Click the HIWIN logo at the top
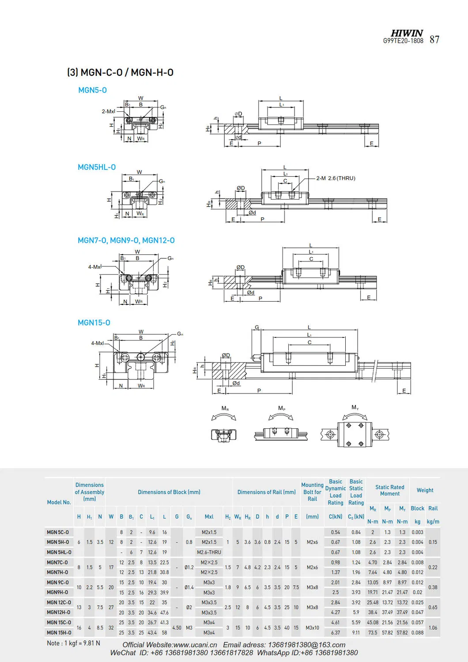coord(407,33)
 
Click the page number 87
coord(434,40)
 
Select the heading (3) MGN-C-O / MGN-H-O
coord(120,72)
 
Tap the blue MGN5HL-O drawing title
coord(97,167)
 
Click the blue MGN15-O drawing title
coord(94,323)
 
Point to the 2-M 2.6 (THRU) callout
coord(336,178)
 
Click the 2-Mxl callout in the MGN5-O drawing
coord(108,111)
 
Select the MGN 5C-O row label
coord(58,532)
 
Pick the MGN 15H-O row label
coord(59,632)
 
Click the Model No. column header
coord(59,502)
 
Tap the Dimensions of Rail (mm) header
coord(266,492)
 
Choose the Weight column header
coord(425,490)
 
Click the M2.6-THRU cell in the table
coord(209,552)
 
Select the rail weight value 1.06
coord(433,628)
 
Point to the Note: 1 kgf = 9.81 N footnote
coord(73,643)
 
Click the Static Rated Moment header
coord(389,490)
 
